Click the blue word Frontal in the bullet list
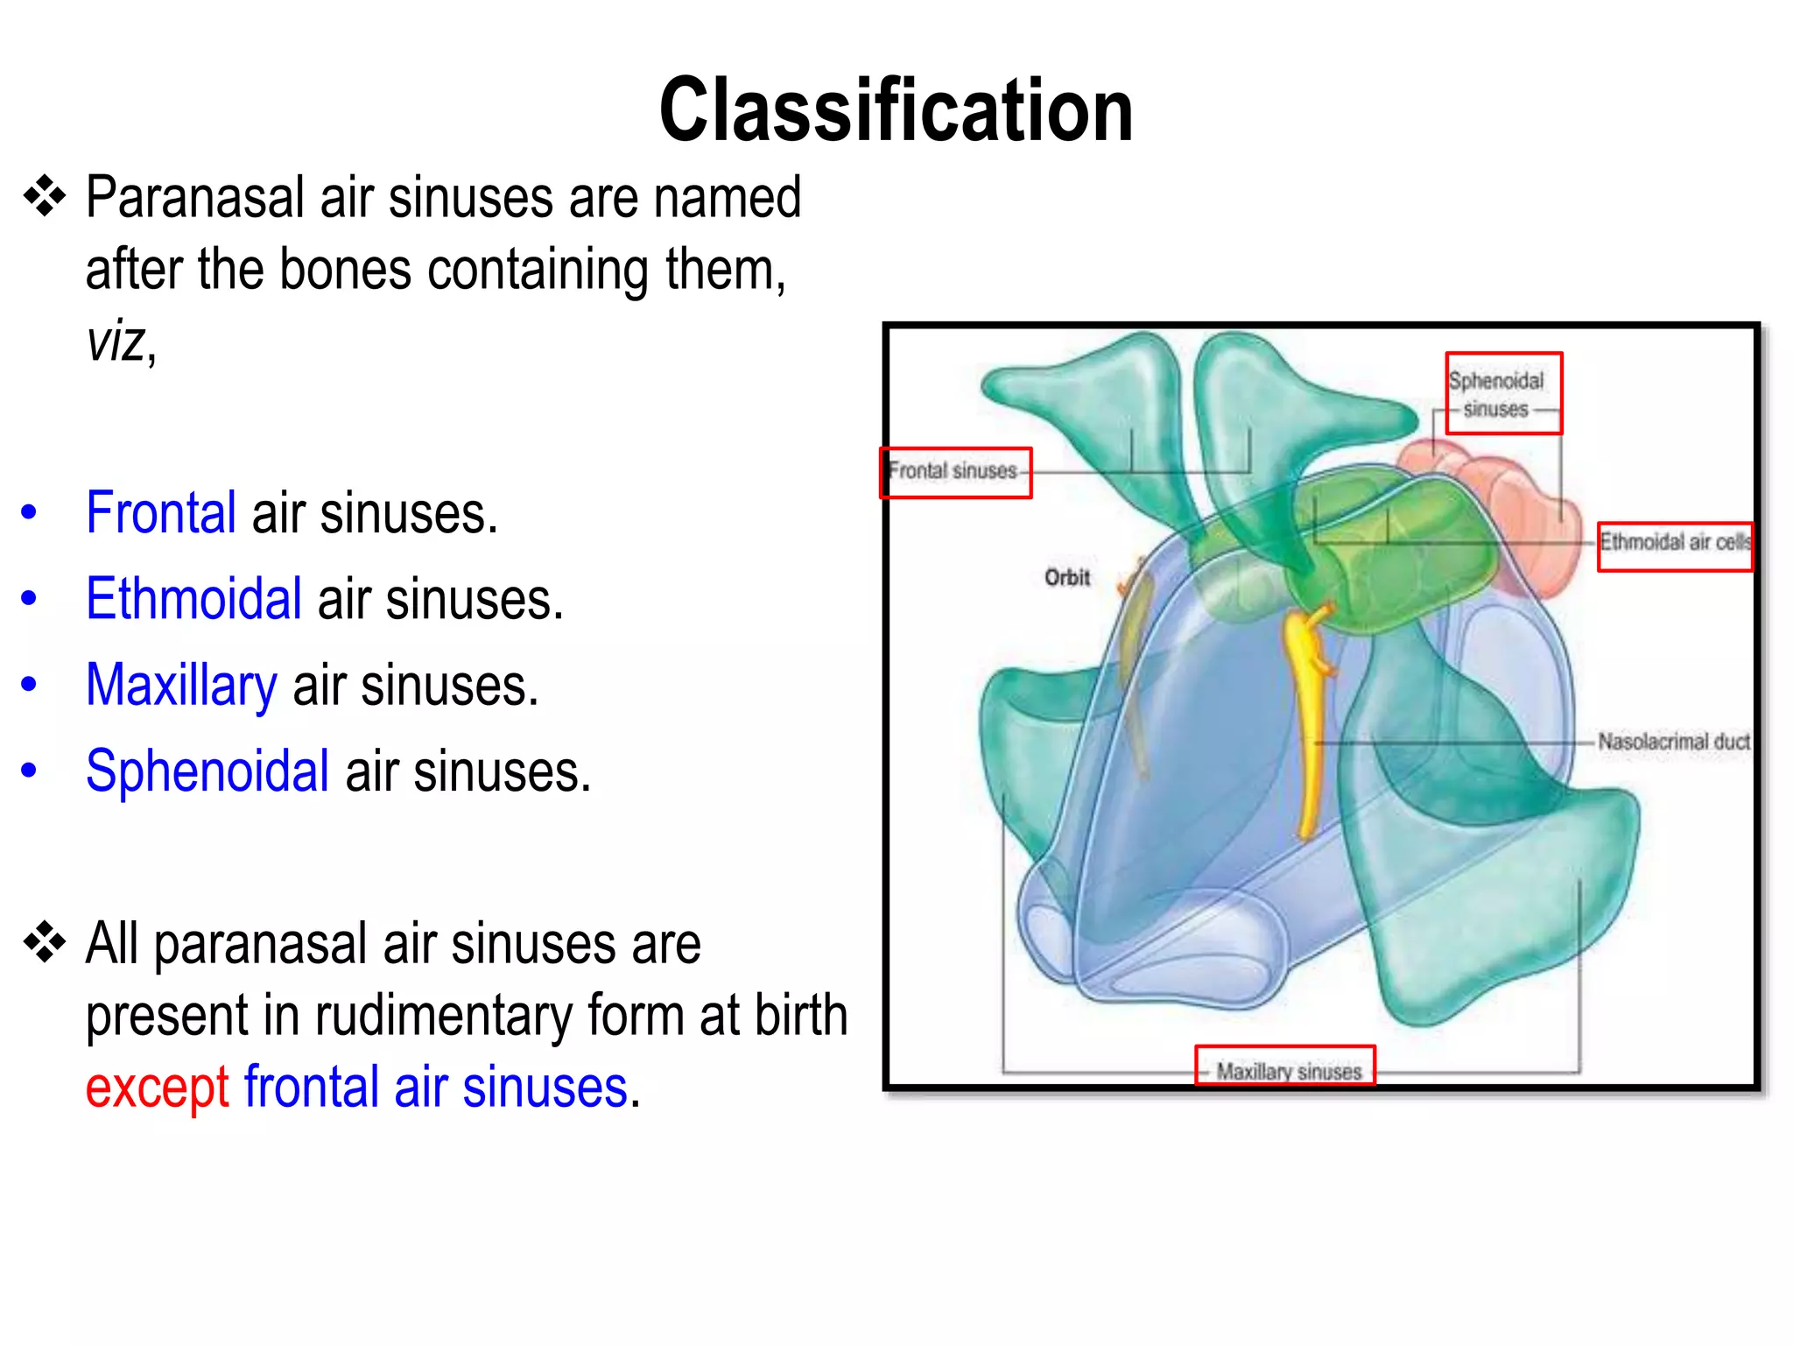pyautogui.click(x=161, y=513)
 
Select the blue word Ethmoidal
pyautogui.click(x=193, y=600)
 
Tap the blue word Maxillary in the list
pyautogui.click(x=181, y=686)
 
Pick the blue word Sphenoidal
pyautogui.click(x=207, y=771)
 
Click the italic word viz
pyautogui.click(x=115, y=342)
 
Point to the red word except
pyautogui.click(x=158, y=1088)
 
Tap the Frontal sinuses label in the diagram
pyautogui.click(x=955, y=472)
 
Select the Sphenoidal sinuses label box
pyautogui.click(x=1502, y=393)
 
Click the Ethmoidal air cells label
pyautogui.click(x=1674, y=544)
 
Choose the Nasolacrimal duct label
pyautogui.click(x=1673, y=743)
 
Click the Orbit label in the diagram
pyautogui.click(x=1066, y=577)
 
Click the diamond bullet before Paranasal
pyautogui.click(x=45, y=197)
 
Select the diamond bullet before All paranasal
pyautogui.click(x=45, y=944)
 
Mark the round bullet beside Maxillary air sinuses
pyautogui.click(x=29, y=685)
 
